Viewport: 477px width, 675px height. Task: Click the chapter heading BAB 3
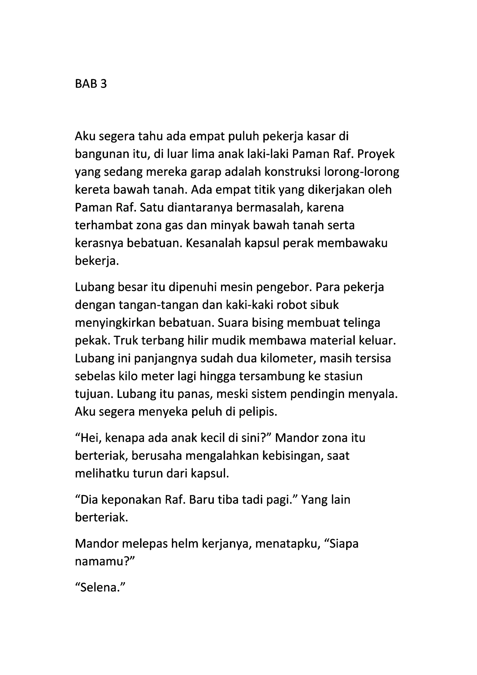tap(91, 84)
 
